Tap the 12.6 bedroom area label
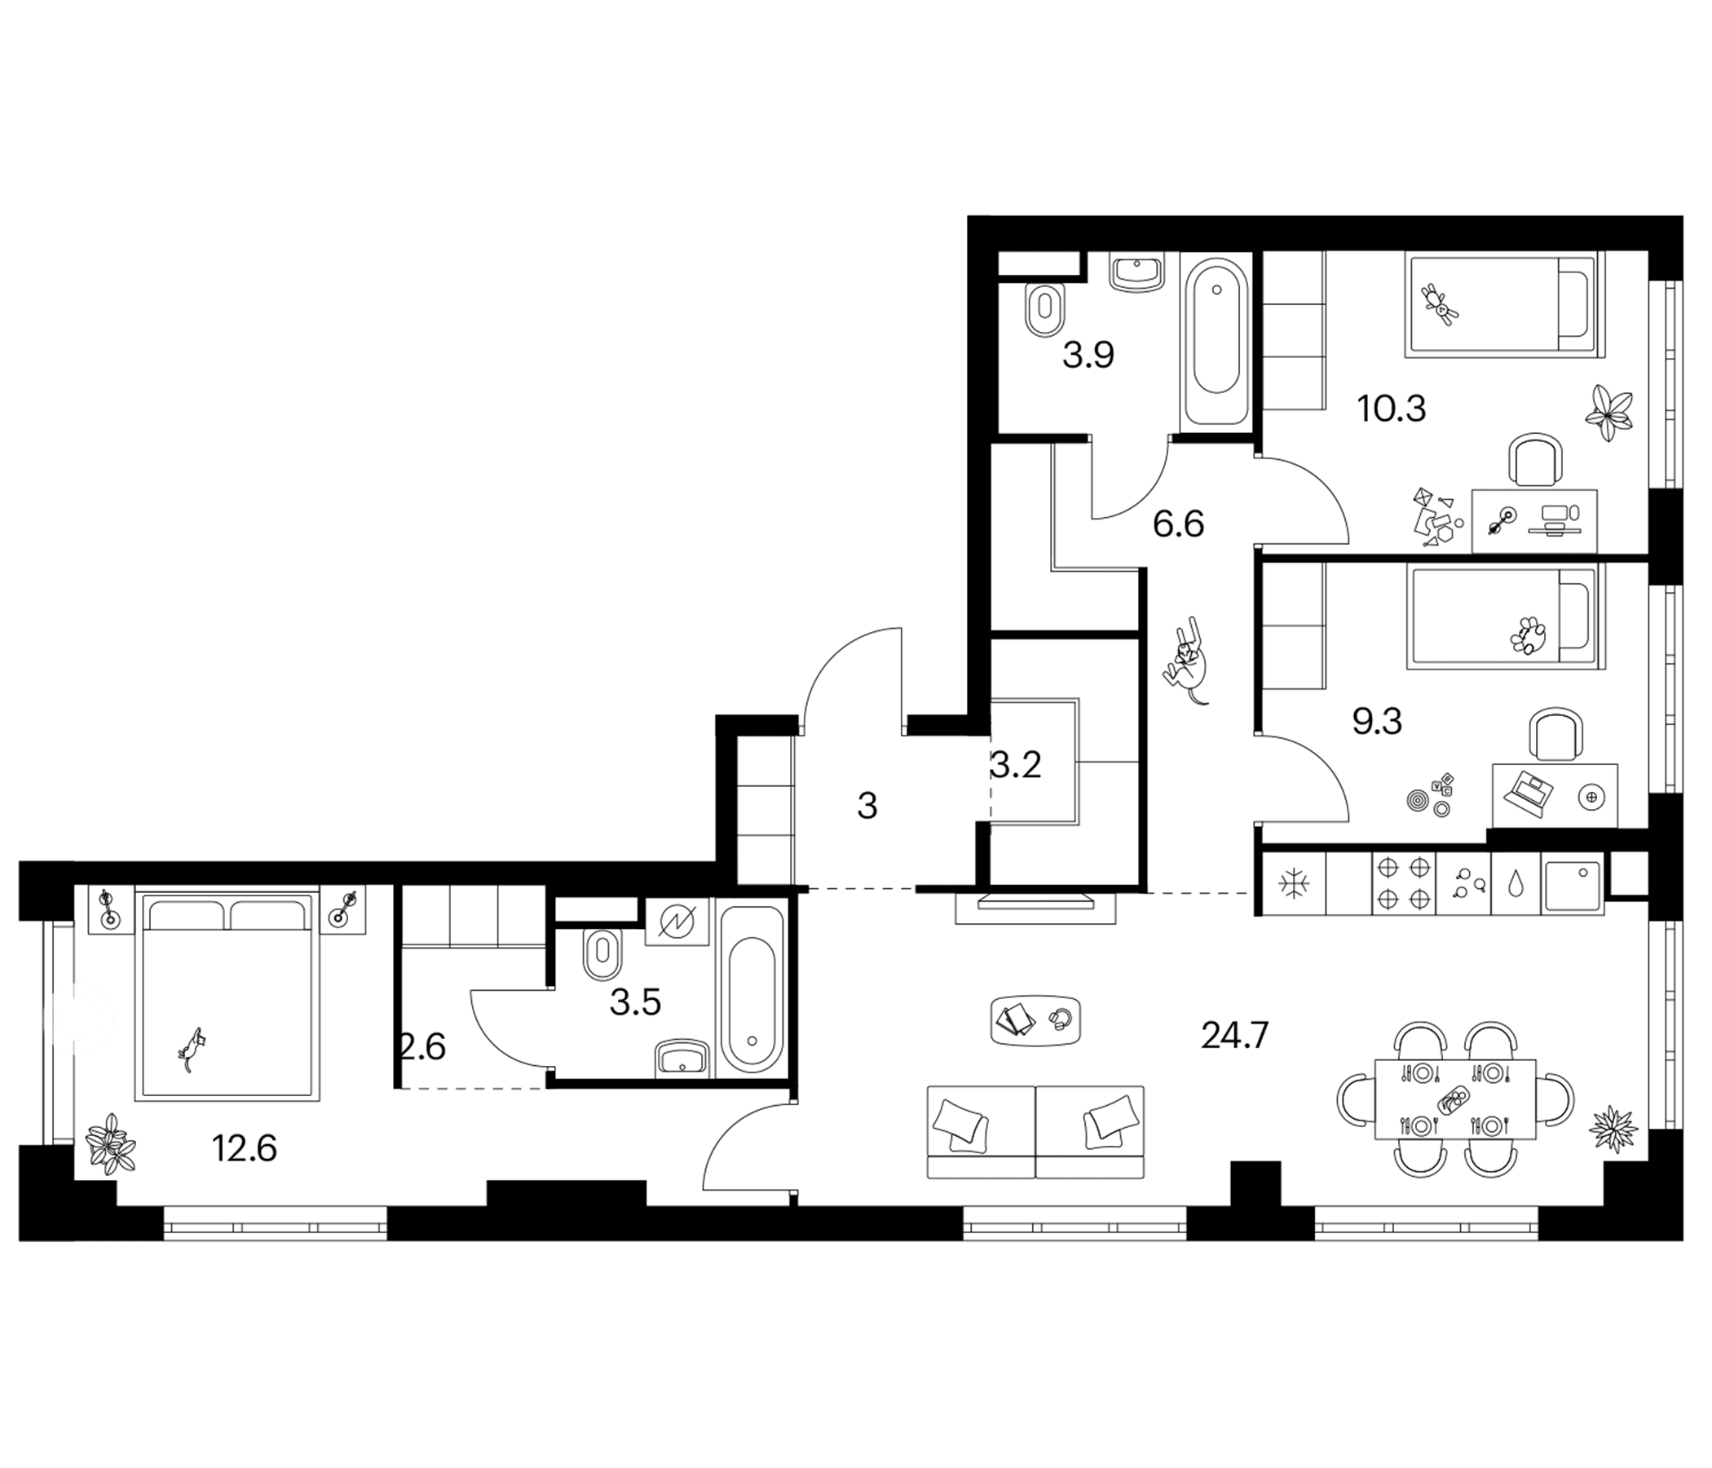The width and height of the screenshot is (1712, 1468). tap(244, 1148)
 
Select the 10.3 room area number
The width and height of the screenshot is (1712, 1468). tap(1392, 409)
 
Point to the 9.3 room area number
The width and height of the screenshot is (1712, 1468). tap(1377, 722)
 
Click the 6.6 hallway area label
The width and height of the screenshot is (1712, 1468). tap(1178, 524)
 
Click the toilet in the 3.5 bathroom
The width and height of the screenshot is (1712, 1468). tap(602, 954)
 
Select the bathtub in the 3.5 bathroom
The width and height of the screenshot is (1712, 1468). tap(751, 991)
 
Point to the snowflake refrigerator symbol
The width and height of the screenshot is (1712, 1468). tap(1290, 883)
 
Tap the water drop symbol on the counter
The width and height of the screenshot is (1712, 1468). tap(1516, 883)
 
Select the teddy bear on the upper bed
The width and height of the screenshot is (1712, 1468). tap(1440, 303)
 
